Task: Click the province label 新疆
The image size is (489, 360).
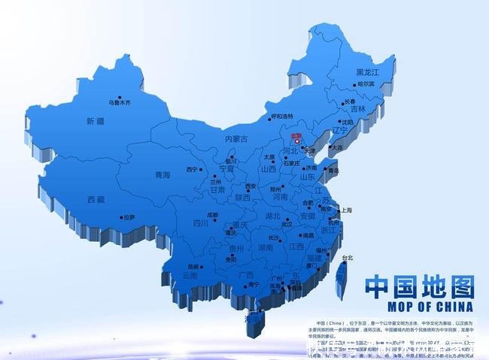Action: click(95, 122)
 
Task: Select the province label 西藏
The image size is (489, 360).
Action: click(96, 200)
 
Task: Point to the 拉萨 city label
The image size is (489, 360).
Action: click(129, 218)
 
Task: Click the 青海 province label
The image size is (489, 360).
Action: click(162, 175)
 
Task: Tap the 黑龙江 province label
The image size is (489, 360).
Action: click(368, 72)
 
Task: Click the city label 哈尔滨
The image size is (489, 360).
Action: click(366, 84)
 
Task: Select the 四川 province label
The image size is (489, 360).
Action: click(200, 223)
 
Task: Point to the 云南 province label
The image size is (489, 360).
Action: click(190, 275)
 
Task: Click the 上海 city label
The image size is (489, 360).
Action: click(347, 211)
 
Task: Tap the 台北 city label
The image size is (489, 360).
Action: click(347, 258)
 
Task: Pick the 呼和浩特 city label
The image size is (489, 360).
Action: click(283, 116)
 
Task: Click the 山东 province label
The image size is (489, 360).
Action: click(308, 177)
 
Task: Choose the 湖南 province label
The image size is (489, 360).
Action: click(266, 247)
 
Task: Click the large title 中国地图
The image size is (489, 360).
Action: click(420, 287)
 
